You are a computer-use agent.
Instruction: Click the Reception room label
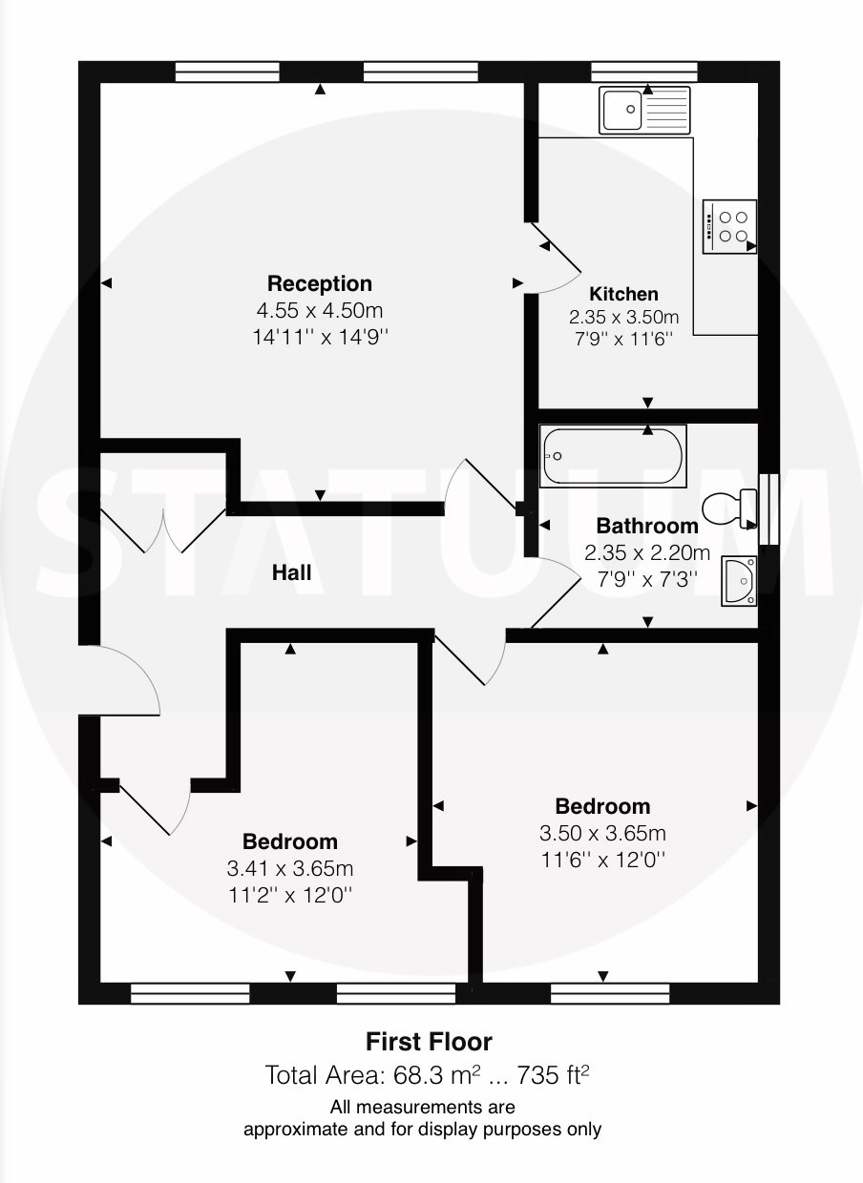(x=319, y=284)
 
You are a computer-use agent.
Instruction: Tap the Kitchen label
(x=623, y=294)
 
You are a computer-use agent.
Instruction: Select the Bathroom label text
(x=647, y=526)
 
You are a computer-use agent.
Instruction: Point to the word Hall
(x=291, y=572)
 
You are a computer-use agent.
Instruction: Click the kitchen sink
(x=644, y=110)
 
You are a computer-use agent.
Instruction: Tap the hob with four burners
(x=729, y=226)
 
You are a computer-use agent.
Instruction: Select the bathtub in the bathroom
(x=613, y=456)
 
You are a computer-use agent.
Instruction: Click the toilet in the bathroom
(x=729, y=508)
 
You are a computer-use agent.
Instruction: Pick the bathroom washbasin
(x=739, y=580)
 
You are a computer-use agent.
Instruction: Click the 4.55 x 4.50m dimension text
(x=320, y=311)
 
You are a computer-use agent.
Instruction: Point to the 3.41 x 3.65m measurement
(x=289, y=868)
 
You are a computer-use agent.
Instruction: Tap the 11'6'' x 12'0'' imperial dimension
(x=602, y=861)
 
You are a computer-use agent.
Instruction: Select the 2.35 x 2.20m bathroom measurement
(x=647, y=553)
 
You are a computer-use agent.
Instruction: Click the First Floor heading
(x=429, y=1042)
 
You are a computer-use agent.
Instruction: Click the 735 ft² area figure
(x=553, y=1075)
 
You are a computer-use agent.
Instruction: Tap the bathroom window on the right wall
(x=768, y=509)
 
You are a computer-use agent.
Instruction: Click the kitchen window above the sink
(x=644, y=72)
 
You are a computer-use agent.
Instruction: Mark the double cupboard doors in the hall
(x=163, y=530)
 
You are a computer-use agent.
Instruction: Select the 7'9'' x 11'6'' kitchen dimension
(x=623, y=339)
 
